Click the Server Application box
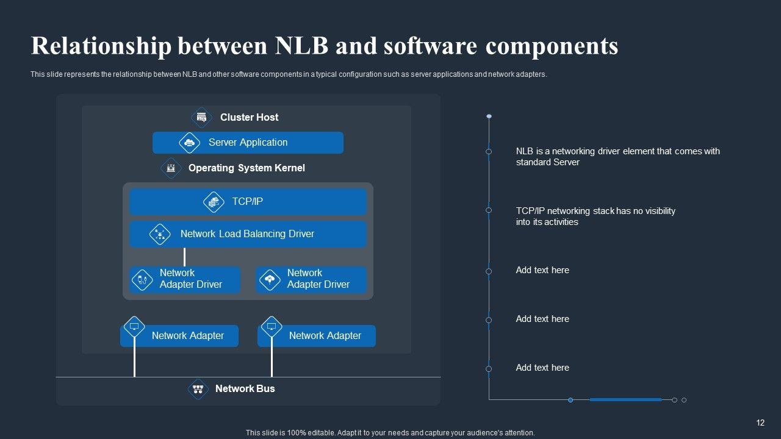pos(248,143)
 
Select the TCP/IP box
pos(248,201)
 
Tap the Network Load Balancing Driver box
pos(248,234)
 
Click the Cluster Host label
pos(249,118)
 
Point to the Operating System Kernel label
pos(247,168)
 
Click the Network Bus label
pos(245,388)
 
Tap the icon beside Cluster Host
pos(201,118)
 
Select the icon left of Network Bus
pos(198,389)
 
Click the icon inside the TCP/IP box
pos(214,202)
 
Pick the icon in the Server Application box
pos(189,143)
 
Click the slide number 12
pos(760,423)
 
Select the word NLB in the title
pos(301,46)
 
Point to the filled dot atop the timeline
pos(489,116)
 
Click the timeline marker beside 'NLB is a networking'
pos(489,152)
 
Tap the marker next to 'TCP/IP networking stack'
pos(489,210)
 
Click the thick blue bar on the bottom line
pos(625,399)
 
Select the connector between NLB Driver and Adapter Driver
pos(184,257)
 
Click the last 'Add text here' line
pos(542,368)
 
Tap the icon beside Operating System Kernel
pos(171,168)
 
